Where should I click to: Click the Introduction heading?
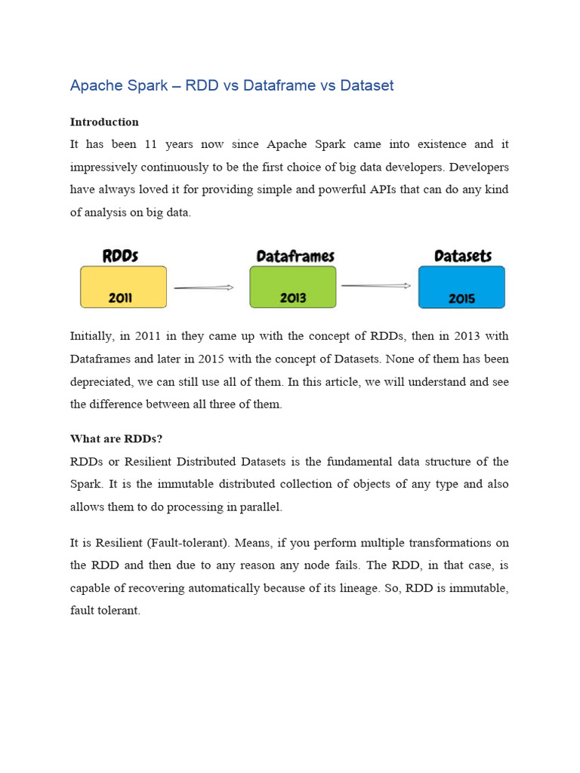pyautogui.click(x=104, y=122)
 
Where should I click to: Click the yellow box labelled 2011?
pyautogui.click(x=123, y=287)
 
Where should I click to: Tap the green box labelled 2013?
pyautogui.click(x=293, y=287)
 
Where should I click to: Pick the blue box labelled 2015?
pyautogui.click(x=461, y=287)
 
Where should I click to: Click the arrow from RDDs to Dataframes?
pyautogui.click(x=203, y=287)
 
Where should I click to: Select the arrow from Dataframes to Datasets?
pyautogui.click(x=375, y=285)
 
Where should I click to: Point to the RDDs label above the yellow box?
pyautogui.click(x=120, y=255)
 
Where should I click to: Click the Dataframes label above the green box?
pyautogui.click(x=295, y=256)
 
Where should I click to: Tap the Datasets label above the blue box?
pyautogui.click(x=463, y=256)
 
